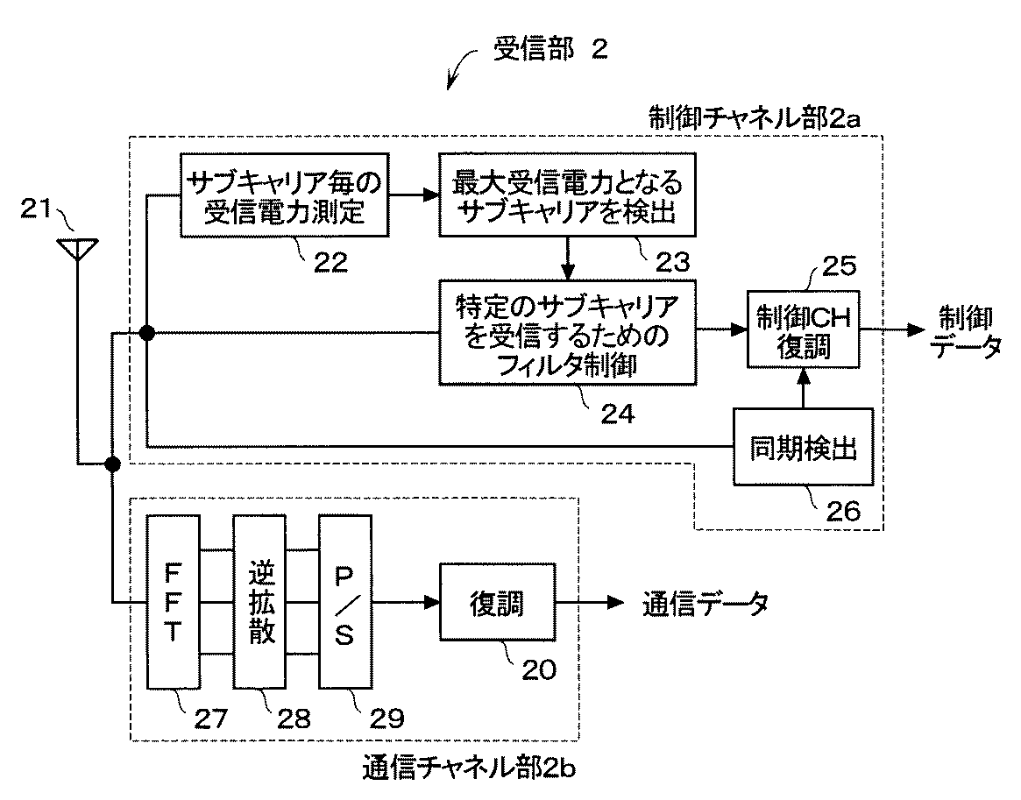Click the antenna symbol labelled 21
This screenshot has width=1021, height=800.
(x=77, y=249)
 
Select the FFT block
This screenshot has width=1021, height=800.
(x=174, y=602)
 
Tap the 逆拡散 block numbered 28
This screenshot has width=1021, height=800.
(x=260, y=602)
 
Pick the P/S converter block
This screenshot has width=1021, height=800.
(x=344, y=602)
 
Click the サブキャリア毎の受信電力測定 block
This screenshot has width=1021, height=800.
(x=284, y=195)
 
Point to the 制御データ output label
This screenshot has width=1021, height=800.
(x=968, y=332)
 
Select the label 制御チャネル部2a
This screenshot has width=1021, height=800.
(x=755, y=118)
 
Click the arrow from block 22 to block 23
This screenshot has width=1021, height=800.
(x=414, y=195)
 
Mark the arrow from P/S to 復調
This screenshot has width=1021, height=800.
(x=405, y=602)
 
